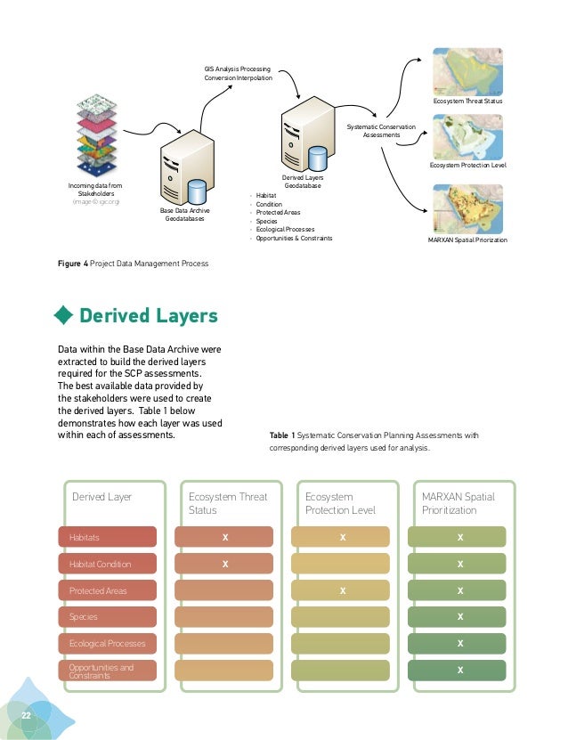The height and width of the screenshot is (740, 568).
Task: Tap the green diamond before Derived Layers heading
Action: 64,316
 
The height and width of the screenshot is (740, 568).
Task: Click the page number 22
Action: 27,716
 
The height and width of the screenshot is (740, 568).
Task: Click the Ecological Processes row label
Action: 101,643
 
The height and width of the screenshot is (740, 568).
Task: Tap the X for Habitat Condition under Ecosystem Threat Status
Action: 225,564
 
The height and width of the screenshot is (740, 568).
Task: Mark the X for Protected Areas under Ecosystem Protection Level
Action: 342,590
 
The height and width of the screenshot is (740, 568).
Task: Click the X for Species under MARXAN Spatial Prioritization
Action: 459,616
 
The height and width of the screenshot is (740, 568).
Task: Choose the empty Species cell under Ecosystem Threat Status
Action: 225,616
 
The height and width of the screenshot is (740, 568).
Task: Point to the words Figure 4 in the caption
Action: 72,264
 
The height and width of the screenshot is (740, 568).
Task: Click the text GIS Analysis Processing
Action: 238,69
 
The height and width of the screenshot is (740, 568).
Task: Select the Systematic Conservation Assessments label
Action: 381,131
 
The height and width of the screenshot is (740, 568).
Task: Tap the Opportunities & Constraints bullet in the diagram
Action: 294,239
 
